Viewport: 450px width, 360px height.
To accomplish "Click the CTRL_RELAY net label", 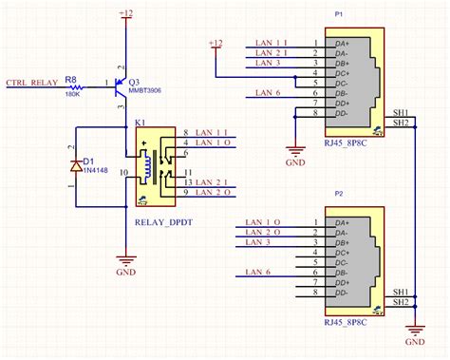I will pos(31,84).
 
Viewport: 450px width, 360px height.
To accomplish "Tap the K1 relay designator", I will pos(140,123).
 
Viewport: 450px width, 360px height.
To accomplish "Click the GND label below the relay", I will pos(125,271).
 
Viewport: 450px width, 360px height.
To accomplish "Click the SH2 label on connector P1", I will pos(401,122).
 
